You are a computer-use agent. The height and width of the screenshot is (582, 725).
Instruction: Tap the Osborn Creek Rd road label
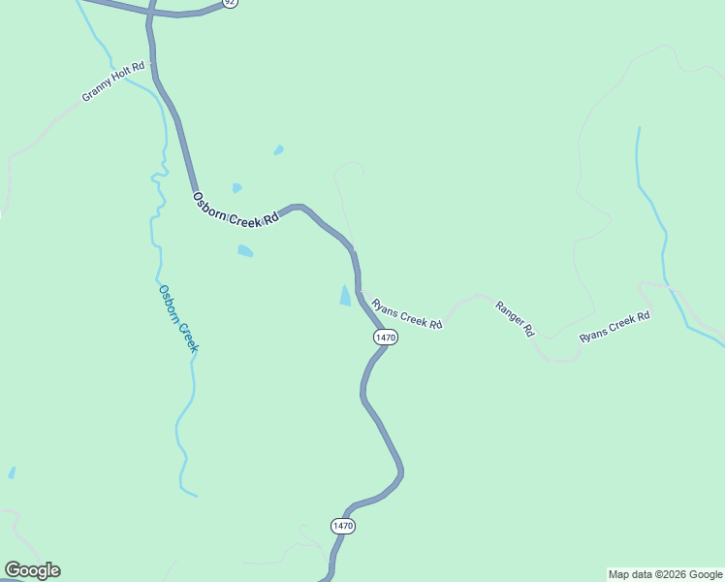236,210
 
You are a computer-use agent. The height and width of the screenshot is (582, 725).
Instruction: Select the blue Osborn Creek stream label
178,317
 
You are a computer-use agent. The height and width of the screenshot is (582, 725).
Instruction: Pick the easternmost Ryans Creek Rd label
615,327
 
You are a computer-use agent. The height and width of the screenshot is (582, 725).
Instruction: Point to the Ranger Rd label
515,318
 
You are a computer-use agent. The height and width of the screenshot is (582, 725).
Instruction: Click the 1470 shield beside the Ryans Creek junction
385,337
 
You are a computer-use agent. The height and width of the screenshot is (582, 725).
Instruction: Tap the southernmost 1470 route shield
343,526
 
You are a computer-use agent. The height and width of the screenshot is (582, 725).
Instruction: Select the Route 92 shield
230,3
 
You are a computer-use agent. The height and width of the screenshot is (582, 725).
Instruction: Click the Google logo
32,570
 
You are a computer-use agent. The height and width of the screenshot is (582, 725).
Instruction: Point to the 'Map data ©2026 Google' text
665,574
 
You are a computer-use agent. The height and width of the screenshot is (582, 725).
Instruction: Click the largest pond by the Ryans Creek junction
345,296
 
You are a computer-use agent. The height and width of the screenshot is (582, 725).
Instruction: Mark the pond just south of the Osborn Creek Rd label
245,251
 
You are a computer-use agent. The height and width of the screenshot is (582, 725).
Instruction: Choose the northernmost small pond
279,149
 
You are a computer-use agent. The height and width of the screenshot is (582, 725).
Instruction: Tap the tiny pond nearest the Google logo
12,472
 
